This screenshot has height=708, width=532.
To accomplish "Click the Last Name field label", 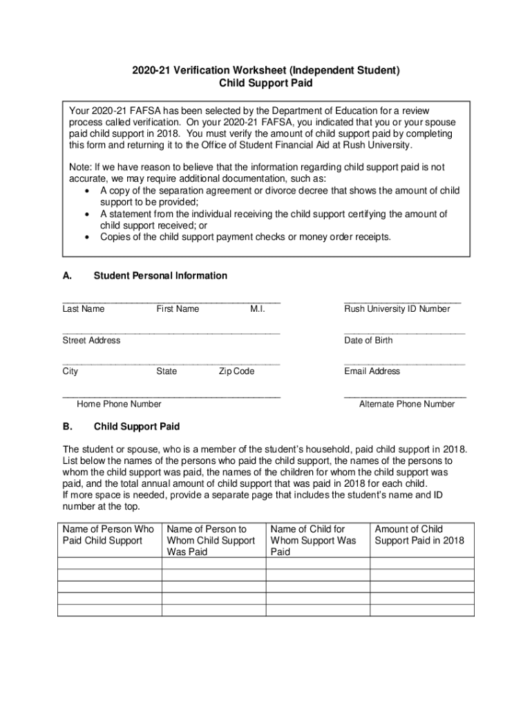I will pos(84,309).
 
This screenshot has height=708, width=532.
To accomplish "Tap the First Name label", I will pos(178,309).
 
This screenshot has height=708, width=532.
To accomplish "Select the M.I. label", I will pos(258,309).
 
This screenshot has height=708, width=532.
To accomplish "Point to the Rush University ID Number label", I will pos(397,309).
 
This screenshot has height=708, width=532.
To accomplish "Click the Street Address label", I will pos(91,340).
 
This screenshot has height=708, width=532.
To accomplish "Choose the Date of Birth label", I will pos(368,340).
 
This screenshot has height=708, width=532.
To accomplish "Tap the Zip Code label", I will pos(236,371).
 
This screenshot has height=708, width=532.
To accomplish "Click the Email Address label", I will pos(372,371).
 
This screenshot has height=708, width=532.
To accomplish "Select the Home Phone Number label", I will pos(119,404).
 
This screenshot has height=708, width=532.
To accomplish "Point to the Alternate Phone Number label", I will pos(407,404).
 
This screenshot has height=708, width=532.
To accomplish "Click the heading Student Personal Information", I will pos(160,276).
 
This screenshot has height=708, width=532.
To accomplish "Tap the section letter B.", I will pos(66,427).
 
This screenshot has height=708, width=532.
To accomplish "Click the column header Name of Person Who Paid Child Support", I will pos(108,534).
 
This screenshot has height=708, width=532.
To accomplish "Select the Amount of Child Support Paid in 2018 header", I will pos(419,534).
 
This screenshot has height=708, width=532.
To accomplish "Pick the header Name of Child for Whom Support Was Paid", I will pos(313,540).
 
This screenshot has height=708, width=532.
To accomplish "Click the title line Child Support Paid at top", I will pos(265,83).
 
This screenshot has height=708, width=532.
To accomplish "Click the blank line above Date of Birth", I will pos(404,333).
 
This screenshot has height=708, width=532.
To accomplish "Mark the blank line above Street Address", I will pos(171,333).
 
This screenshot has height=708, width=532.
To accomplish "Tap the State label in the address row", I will pos(167,371).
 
